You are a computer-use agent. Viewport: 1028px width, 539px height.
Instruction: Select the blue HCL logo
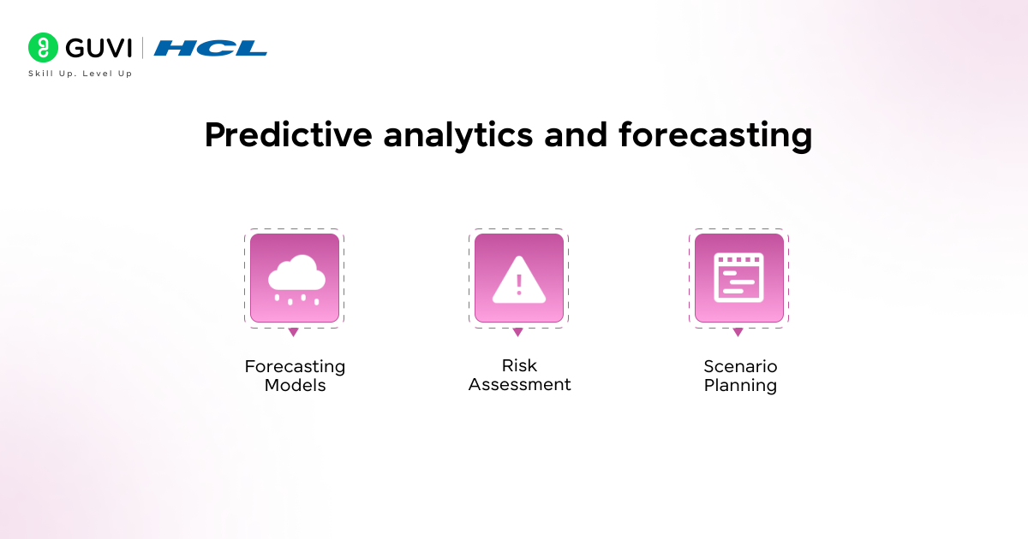coord(211,48)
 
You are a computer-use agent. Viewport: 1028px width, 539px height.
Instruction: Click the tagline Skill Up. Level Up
coord(80,74)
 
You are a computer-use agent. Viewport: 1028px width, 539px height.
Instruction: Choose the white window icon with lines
coord(739,278)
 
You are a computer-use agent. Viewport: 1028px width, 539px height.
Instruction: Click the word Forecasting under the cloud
coord(295,366)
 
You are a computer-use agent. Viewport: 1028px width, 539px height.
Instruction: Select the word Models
coord(295,385)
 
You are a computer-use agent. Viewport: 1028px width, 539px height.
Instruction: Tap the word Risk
coord(519,365)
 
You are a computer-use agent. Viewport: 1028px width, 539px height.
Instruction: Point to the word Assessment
coord(519,384)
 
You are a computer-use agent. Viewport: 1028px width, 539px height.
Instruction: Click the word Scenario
coord(740,366)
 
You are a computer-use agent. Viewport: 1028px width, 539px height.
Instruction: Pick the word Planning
coord(740,385)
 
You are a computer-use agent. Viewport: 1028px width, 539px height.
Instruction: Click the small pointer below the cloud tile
coord(293,332)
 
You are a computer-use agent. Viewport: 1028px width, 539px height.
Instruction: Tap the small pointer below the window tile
coord(738,332)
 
